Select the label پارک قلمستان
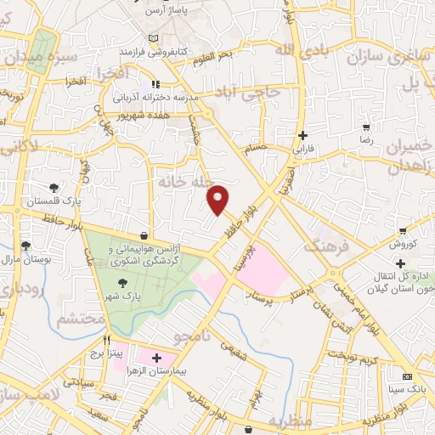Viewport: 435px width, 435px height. tap(54, 204)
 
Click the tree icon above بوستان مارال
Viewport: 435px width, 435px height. tap(26, 246)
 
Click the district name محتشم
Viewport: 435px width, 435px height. tap(81, 319)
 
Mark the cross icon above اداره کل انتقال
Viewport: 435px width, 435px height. tap(399, 263)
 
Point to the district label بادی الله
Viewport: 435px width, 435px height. tap(302, 49)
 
